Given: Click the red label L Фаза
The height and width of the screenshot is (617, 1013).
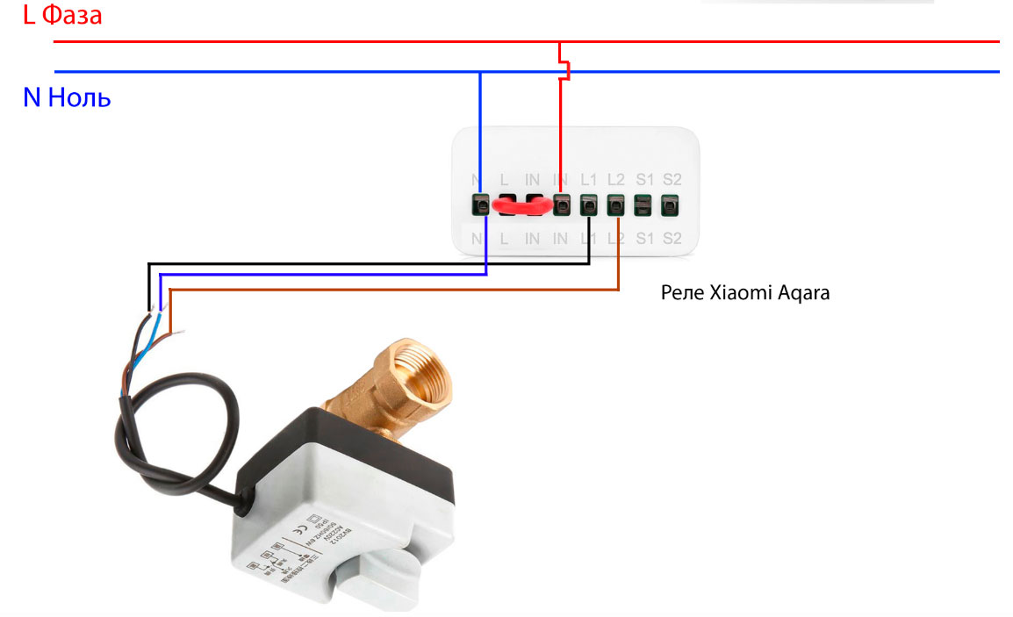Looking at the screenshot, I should click(x=62, y=16).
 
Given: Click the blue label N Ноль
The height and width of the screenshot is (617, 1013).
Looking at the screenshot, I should click(x=67, y=97).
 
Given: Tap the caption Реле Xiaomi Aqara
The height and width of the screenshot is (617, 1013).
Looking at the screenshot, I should click(x=744, y=293).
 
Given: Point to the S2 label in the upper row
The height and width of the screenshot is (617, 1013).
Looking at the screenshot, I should click(x=672, y=179).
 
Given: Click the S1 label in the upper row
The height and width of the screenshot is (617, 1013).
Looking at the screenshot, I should click(x=644, y=179).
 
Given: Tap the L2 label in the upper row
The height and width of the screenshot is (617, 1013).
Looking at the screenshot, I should click(x=616, y=179).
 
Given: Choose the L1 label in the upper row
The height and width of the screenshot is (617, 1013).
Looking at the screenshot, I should click(x=589, y=179).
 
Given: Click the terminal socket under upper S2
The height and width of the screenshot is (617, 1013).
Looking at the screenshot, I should click(x=671, y=205).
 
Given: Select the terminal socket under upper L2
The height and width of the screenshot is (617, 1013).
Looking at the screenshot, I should click(x=616, y=205).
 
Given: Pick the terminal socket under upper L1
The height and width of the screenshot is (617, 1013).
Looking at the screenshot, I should click(x=589, y=205).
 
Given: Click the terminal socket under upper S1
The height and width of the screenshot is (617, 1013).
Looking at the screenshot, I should click(x=643, y=205).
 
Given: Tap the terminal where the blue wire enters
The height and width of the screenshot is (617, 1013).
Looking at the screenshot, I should click(x=480, y=205).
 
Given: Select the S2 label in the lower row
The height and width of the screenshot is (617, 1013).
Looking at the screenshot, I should click(x=672, y=238).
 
